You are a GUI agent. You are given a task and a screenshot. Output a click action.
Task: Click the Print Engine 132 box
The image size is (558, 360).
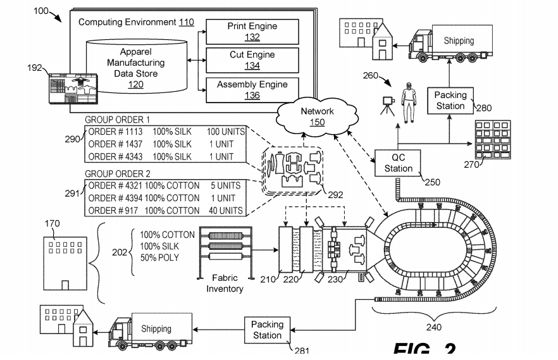coord(252,32)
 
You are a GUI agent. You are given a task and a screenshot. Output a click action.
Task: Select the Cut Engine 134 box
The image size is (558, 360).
coord(252,60)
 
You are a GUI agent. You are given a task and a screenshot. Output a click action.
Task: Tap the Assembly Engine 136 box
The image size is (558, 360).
coord(252,89)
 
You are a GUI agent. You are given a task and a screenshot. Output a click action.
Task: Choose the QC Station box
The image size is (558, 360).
coord(398,163)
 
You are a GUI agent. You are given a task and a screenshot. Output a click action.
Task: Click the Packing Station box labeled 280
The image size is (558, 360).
coord(450,101)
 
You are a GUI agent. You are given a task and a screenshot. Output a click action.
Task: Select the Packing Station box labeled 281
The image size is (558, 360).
coord(267,330)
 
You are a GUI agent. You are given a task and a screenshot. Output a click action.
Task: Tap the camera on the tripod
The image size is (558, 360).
coord(386,105)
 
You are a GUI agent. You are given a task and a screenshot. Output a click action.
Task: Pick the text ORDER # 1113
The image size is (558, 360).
coord(115,132)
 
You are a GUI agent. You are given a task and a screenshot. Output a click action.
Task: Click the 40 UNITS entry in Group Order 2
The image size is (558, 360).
coord(225,210)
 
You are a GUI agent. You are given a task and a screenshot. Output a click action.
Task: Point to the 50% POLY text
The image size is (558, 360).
coord(159,258)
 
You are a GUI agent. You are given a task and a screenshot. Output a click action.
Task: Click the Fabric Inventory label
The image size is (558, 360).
coord(225,283)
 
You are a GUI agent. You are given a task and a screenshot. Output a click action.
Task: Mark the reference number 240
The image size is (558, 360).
coord(433,327)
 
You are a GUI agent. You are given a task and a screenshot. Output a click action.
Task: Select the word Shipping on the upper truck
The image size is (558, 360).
coord(459,40)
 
